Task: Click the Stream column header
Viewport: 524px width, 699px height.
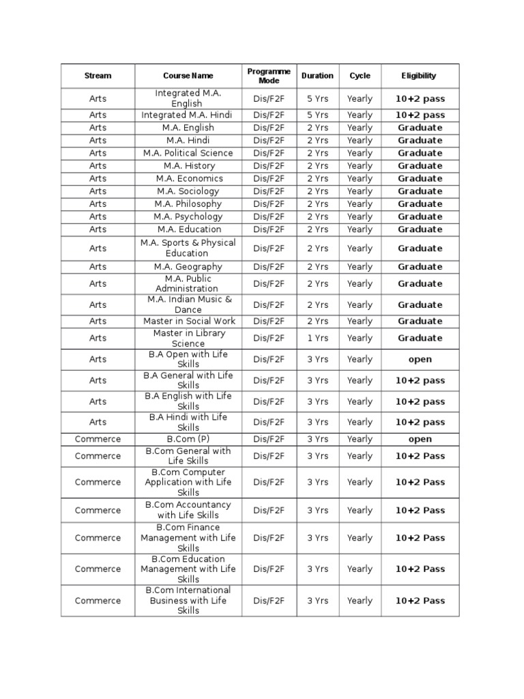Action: tap(98, 76)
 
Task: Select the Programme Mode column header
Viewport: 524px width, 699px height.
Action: tap(269, 76)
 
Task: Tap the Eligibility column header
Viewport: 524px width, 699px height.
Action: tap(419, 76)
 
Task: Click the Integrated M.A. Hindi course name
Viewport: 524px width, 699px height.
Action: tap(188, 115)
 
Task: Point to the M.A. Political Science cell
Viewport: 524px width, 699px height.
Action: tap(188, 153)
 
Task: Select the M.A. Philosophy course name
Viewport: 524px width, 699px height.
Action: tap(188, 203)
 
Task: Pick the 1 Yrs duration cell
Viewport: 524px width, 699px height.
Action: tap(317, 338)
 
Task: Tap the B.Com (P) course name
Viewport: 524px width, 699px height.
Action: tap(188, 439)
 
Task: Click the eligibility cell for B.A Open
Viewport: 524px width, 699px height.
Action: tap(420, 359)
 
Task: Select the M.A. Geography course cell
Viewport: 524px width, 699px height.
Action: tap(188, 267)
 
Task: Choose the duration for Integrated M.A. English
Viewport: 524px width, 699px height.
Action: tap(317, 98)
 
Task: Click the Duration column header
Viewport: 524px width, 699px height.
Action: tap(317, 76)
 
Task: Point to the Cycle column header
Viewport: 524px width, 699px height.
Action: tap(360, 76)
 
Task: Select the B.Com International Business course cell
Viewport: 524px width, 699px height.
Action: tap(188, 601)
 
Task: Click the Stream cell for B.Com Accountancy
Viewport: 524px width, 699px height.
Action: tap(98, 510)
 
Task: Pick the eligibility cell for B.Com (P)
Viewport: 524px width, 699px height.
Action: tap(420, 439)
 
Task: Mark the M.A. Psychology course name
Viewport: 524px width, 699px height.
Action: tap(188, 216)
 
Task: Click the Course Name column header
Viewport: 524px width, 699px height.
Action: tap(188, 76)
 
